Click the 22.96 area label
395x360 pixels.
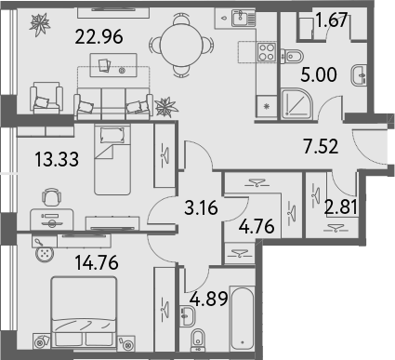click(x=99, y=36)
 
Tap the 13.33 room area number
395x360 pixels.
click(x=57, y=159)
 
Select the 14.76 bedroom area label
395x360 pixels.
click(x=97, y=262)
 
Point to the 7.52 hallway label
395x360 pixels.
click(x=321, y=146)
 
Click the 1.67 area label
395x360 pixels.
click(x=331, y=20)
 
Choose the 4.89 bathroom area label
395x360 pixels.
click(x=209, y=299)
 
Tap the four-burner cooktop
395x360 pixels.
click(x=267, y=52)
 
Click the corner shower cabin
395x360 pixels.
click(x=296, y=103)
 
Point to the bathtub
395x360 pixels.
click(x=242, y=319)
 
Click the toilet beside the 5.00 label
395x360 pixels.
click(x=292, y=56)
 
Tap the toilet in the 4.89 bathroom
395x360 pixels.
click(x=198, y=340)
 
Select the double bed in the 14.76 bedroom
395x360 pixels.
click(x=84, y=312)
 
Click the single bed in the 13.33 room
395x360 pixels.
click(x=112, y=159)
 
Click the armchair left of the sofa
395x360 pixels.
click(x=46, y=98)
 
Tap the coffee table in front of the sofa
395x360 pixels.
click(x=113, y=65)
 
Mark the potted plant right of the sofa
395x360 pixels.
click(x=166, y=107)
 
